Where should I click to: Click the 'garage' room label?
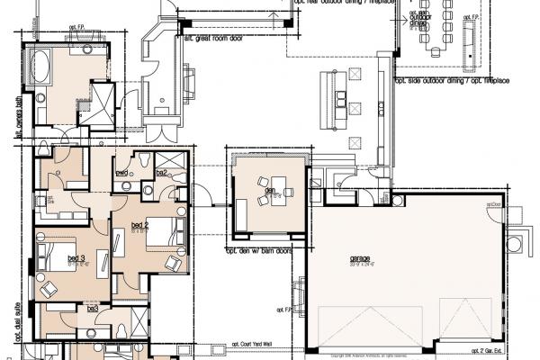pyautogui.click(x=361, y=257)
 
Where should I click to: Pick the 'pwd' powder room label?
pyautogui.click(x=121, y=172)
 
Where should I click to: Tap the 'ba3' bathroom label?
pyautogui.click(x=92, y=308)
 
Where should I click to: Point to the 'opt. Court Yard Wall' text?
pyautogui.click(x=256, y=345)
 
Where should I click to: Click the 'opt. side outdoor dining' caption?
pyautogui.click(x=450, y=82)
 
